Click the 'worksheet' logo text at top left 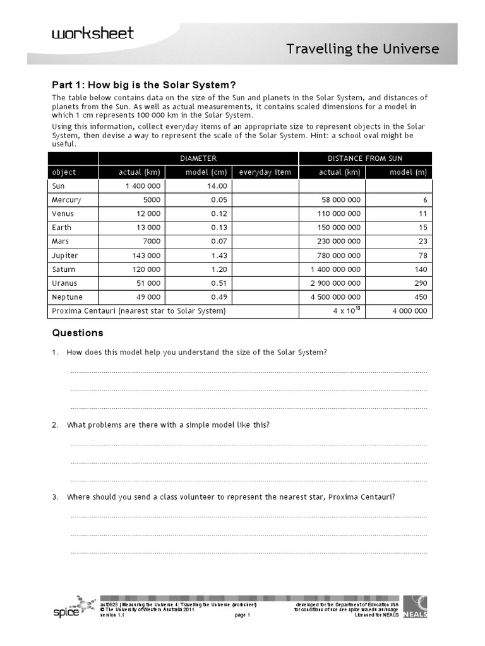[x=93, y=33]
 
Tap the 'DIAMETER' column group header [x=198, y=158]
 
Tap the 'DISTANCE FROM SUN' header [x=366, y=158]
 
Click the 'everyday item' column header [x=265, y=172]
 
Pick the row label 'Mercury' [x=66, y=200]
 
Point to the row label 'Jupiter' [x=65, y=255]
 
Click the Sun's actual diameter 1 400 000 [x=143, y=186]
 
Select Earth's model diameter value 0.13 [x=217, y=228]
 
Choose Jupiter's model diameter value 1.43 [x=217, y=255]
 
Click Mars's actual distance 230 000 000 [x=338, y=242]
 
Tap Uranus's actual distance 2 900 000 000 [x=335, y=283]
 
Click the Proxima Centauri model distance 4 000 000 [x=410, y=311]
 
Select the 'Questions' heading [x=78, y=333]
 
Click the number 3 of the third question [x=55, y=497]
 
